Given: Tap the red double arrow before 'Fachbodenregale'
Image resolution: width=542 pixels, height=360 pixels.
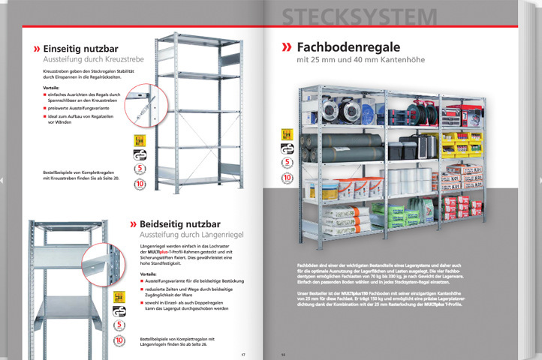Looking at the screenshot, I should (x=287, y=47).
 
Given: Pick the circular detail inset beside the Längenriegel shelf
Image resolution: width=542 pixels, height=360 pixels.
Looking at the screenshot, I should (x=101, y=263).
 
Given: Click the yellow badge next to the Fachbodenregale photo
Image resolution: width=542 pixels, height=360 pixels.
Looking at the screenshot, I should (x=286, y=133).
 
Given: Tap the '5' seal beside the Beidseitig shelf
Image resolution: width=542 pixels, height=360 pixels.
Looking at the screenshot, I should (x=120, y=325).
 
